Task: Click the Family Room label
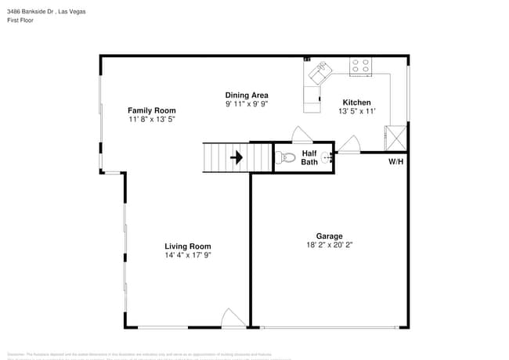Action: click(152, 110)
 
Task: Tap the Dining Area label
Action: click(247, 95)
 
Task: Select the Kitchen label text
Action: click(357, 103)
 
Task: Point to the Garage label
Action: click(329, 236)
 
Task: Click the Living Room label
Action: click(188, 246)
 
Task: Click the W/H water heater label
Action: click(395, 162)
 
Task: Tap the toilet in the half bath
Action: click(287, 158)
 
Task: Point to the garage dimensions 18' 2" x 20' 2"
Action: click(329, 245)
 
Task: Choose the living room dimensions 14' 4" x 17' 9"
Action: click(188, 255)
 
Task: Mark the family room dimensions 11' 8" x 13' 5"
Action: click(152, 120)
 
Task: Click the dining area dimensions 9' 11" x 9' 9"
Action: click(247, 104)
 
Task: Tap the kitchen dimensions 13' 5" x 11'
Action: click(357, 112)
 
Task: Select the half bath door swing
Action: click(301, 134)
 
